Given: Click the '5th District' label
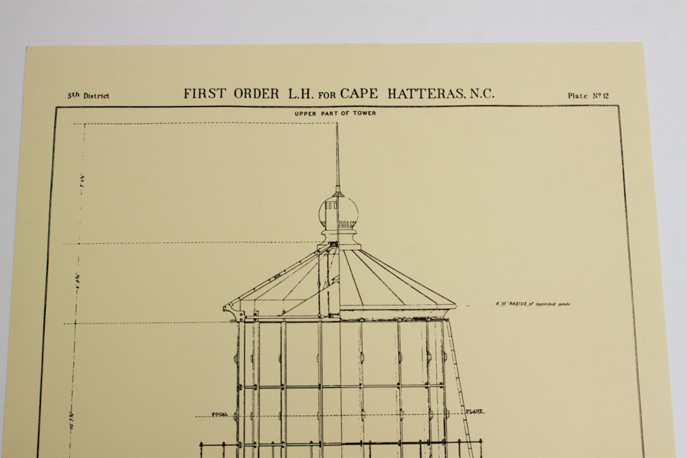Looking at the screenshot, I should click(x=88, y=96).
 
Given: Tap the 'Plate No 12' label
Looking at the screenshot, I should click(x=588, y=96).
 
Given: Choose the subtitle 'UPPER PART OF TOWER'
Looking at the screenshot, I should click(x=335, y=113).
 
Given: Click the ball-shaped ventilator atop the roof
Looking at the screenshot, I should click(x=337, y=215).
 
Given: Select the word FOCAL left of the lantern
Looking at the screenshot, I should click(x=220, y=414).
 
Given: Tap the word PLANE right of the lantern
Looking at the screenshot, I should click(x=474, y=411).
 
